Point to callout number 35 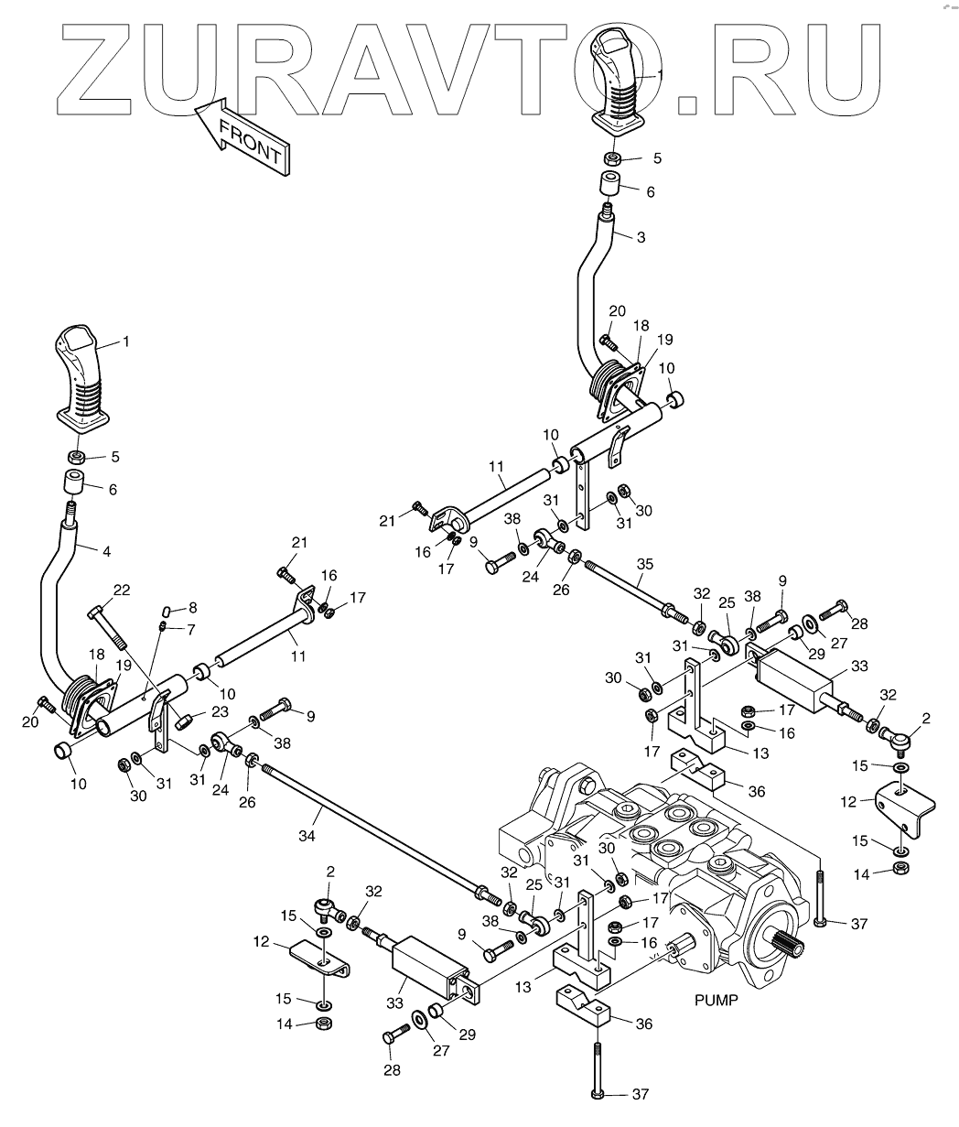646,565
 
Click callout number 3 641,237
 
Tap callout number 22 122,590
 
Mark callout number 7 191,630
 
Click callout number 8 191,608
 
